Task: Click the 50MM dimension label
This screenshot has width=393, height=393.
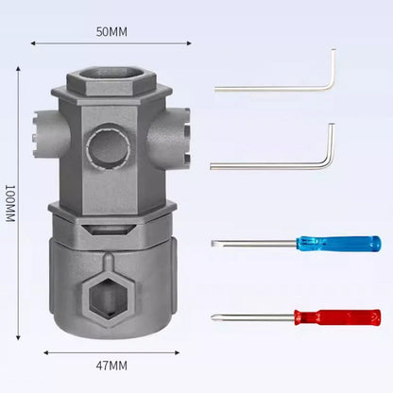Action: [111, 32]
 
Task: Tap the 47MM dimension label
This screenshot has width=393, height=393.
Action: [111, 366]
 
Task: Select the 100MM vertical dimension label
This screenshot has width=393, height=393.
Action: [10, 203]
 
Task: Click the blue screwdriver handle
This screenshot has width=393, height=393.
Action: [338, 244]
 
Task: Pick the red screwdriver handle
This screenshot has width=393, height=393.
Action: [337, 317]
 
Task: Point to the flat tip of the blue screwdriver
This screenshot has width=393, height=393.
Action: [214, 243]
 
